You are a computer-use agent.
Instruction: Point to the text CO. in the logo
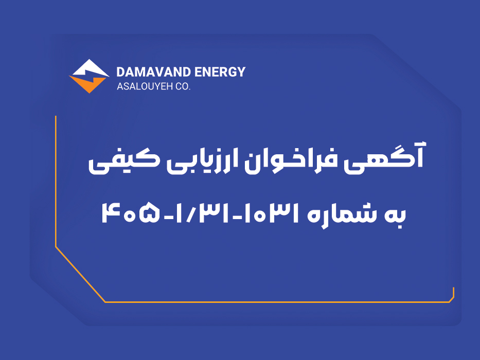tap(183, 86)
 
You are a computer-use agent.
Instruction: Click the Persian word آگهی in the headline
tap(384, 158)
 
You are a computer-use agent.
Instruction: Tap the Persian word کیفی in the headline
tap(123, 161)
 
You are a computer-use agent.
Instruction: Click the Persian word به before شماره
tap(395, 215)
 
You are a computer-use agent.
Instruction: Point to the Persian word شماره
tap(340, 214)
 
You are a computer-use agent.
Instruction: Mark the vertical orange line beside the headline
tap(56, 181)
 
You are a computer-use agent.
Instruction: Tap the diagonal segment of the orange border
tap(80, 274)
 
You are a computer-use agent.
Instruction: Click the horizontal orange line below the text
tap(277, 302)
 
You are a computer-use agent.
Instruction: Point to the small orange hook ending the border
tap(452, 296)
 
